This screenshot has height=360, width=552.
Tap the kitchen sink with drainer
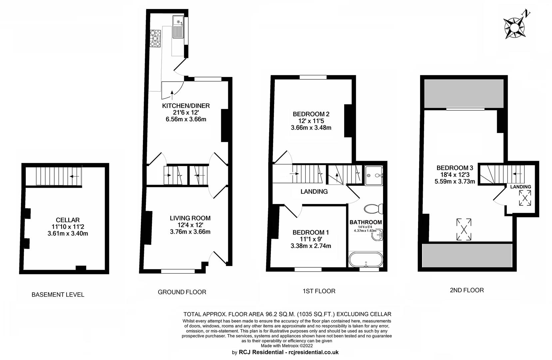pyautogui.click(x=178, y=27)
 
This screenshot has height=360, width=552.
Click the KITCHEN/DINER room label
pyautogui.click(x=186, y=106)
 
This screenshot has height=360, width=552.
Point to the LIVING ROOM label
pyautogui.click(x=190, y=218)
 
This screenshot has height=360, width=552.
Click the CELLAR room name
pyautogui.click(x=68, y=220)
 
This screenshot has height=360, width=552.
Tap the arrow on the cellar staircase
pyautogui.click(x=74, y=176)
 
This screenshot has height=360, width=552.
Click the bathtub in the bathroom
pyautogui.click(x=366, y=259)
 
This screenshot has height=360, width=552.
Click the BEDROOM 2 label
pyautogui.click(x=311, y=114)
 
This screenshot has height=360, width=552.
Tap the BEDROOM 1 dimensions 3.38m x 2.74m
pyautogui.click(x=311, y=246)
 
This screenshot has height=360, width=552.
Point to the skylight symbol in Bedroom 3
pyautogui.click(x=463, y=229)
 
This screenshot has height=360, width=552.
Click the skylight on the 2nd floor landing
pyautogui.click(x=525, y=198)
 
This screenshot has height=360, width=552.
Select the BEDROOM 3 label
pyautogui.click(x=455, y=168)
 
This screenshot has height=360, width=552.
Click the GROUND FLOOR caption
pyautogui.click(x=182, y=292)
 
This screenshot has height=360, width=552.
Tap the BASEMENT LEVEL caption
pyautogui.click(x=58, y=294)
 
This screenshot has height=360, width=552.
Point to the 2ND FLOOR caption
pyautogui.click(x=467, y=290)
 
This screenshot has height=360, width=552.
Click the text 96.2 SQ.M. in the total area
pyautogui.click(x=280, y=314)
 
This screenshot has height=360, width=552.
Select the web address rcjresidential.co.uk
pyautogui.click(x=313, y=352)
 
